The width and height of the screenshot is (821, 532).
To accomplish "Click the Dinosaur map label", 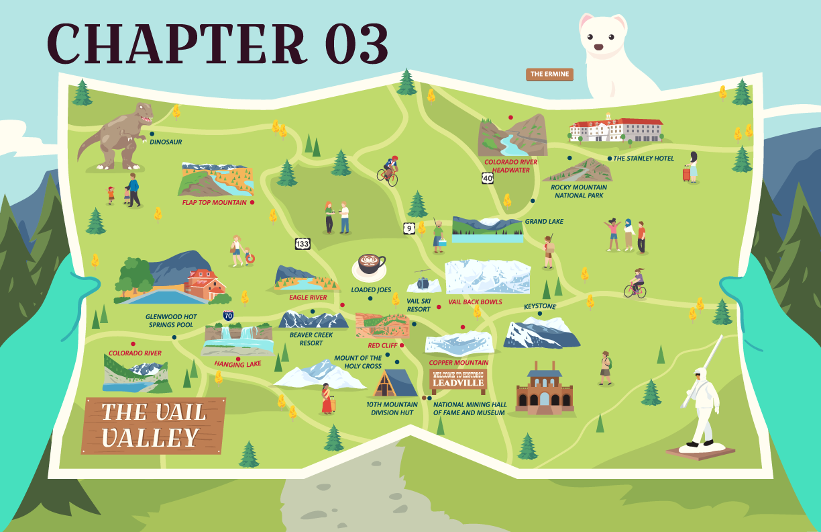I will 166,142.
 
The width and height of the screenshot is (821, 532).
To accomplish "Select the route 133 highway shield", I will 303,244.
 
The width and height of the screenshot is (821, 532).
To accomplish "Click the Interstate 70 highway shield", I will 229,314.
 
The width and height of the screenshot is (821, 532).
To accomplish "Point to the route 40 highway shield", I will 488,178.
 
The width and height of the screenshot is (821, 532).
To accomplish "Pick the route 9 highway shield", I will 409,228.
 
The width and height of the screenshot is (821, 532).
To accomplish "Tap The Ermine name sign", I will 550,74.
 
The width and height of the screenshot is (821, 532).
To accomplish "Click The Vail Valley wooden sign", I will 154,425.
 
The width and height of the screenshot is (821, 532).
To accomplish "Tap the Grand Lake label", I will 544,222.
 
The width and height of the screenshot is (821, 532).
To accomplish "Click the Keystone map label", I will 539,306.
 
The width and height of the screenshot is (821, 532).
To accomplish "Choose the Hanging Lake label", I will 237,364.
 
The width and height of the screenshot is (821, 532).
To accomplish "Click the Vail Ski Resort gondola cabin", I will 422,283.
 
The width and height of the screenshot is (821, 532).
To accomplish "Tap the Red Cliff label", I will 382,345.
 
